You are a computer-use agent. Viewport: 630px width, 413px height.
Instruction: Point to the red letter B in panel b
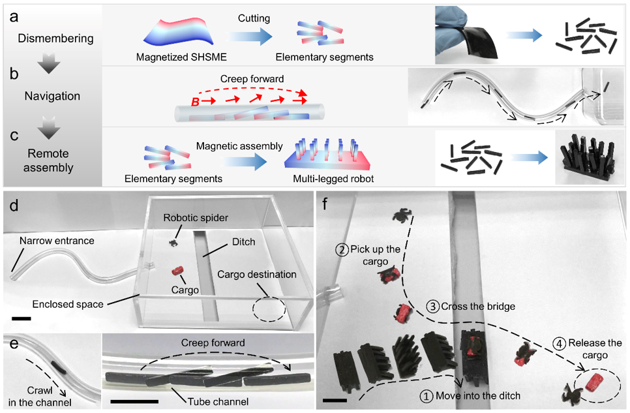coord(196,102)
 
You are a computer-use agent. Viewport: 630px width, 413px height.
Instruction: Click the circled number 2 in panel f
coord(342,250)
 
